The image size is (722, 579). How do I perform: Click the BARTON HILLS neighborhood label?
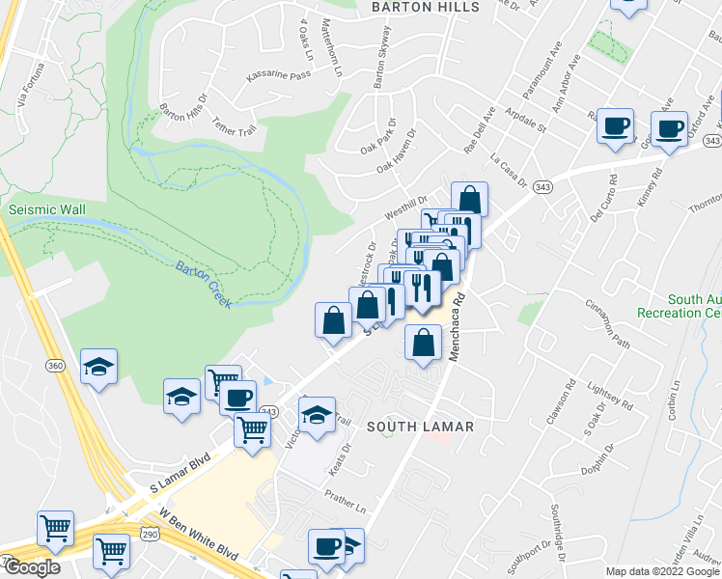pos(426,8)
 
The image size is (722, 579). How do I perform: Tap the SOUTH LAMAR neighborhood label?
pos(419,426)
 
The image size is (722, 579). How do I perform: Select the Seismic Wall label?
pos(47,209)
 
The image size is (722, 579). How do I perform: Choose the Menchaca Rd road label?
pos(457,328)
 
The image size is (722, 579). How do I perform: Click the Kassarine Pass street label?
pos(278,75)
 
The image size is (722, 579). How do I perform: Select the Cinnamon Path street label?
pos(606,323)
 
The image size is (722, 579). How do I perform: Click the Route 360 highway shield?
pos(56,365)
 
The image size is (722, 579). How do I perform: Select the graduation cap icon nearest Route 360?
pos(98,367)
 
